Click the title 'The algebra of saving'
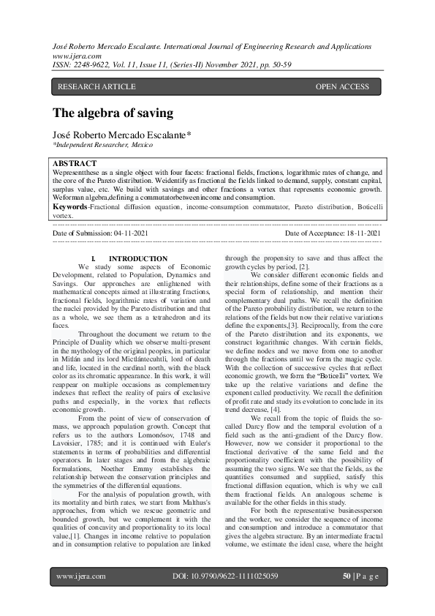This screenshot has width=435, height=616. tap(113, 113)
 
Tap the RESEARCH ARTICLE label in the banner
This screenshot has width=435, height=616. tap(97, 87)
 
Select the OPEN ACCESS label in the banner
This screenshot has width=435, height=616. tap(342, 87)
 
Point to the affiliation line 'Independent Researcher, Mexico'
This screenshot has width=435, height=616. tap(104, 146)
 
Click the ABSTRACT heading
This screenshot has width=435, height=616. tap(75, 162)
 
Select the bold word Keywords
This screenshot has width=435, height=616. tap(70, 207)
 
